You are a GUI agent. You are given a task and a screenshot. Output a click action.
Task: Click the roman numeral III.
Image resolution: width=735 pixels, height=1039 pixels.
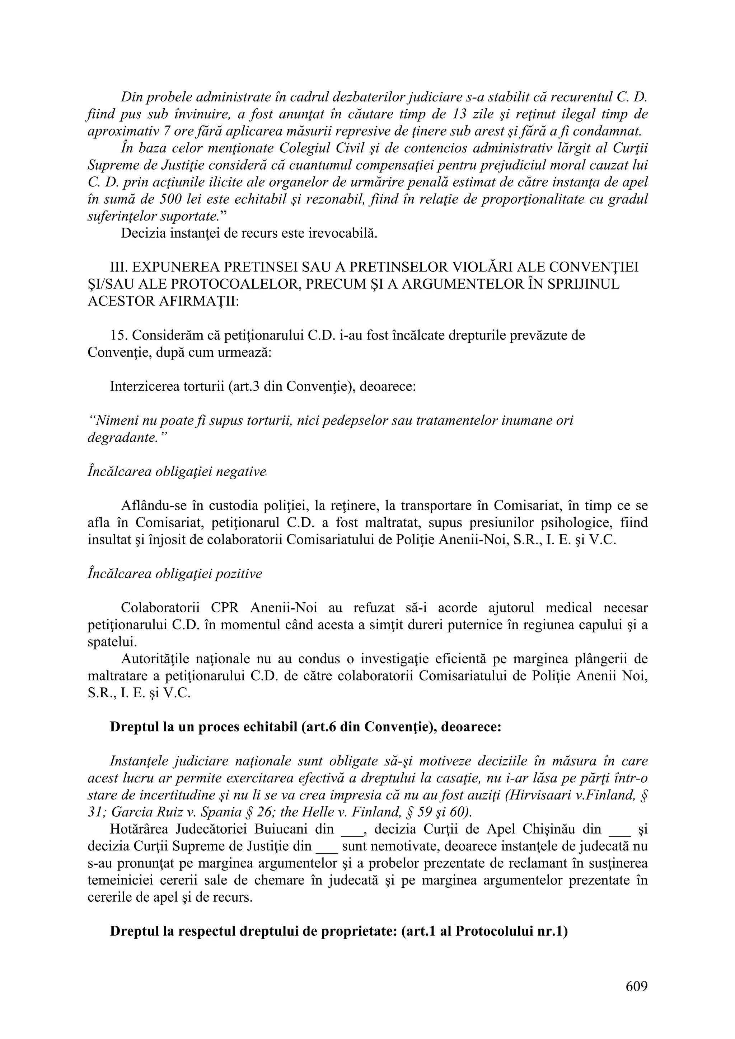[119, 267]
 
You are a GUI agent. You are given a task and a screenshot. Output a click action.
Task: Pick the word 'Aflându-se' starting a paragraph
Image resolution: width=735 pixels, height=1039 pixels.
[154, 506]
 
